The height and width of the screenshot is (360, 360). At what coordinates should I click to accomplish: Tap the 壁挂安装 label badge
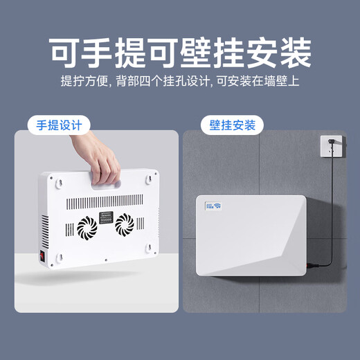click(233, 125)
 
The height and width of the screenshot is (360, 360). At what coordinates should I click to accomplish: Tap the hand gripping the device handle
click(104, 163)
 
